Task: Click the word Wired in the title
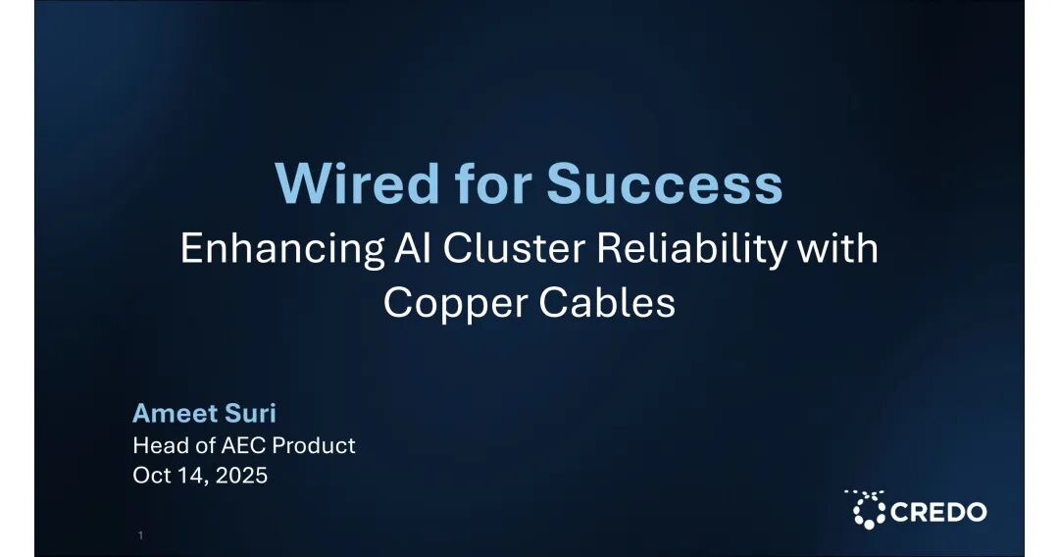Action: (357, 182)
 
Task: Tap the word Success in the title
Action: (665, 183)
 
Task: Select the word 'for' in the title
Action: (492, 182)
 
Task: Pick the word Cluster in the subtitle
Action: (514, 248)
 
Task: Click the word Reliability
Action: (691, 248)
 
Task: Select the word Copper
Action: (456, 303)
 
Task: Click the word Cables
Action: (607, 302)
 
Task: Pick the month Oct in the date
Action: (151, 476)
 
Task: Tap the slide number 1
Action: (140, 535)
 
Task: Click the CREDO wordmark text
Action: (938, 512)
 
